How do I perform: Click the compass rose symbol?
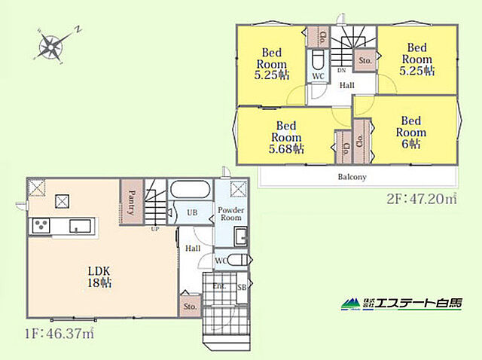51,47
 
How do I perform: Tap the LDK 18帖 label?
99,277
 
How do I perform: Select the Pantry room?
132,202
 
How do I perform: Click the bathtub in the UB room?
190,189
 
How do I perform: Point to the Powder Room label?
231,214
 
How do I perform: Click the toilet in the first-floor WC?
237,261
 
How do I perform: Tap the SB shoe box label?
242,288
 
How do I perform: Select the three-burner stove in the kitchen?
41,226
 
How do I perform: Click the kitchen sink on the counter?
80,226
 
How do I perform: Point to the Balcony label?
352,177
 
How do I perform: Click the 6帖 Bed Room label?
411,133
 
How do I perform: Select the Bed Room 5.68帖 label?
286,137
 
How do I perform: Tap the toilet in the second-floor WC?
318,60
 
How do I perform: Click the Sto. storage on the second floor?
365,60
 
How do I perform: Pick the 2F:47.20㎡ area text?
422,200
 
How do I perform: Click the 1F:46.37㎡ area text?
59,334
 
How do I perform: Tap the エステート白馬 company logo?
401,304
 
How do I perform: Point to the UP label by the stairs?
155,229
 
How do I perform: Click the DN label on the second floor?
341,70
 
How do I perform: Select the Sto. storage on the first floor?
191,307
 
